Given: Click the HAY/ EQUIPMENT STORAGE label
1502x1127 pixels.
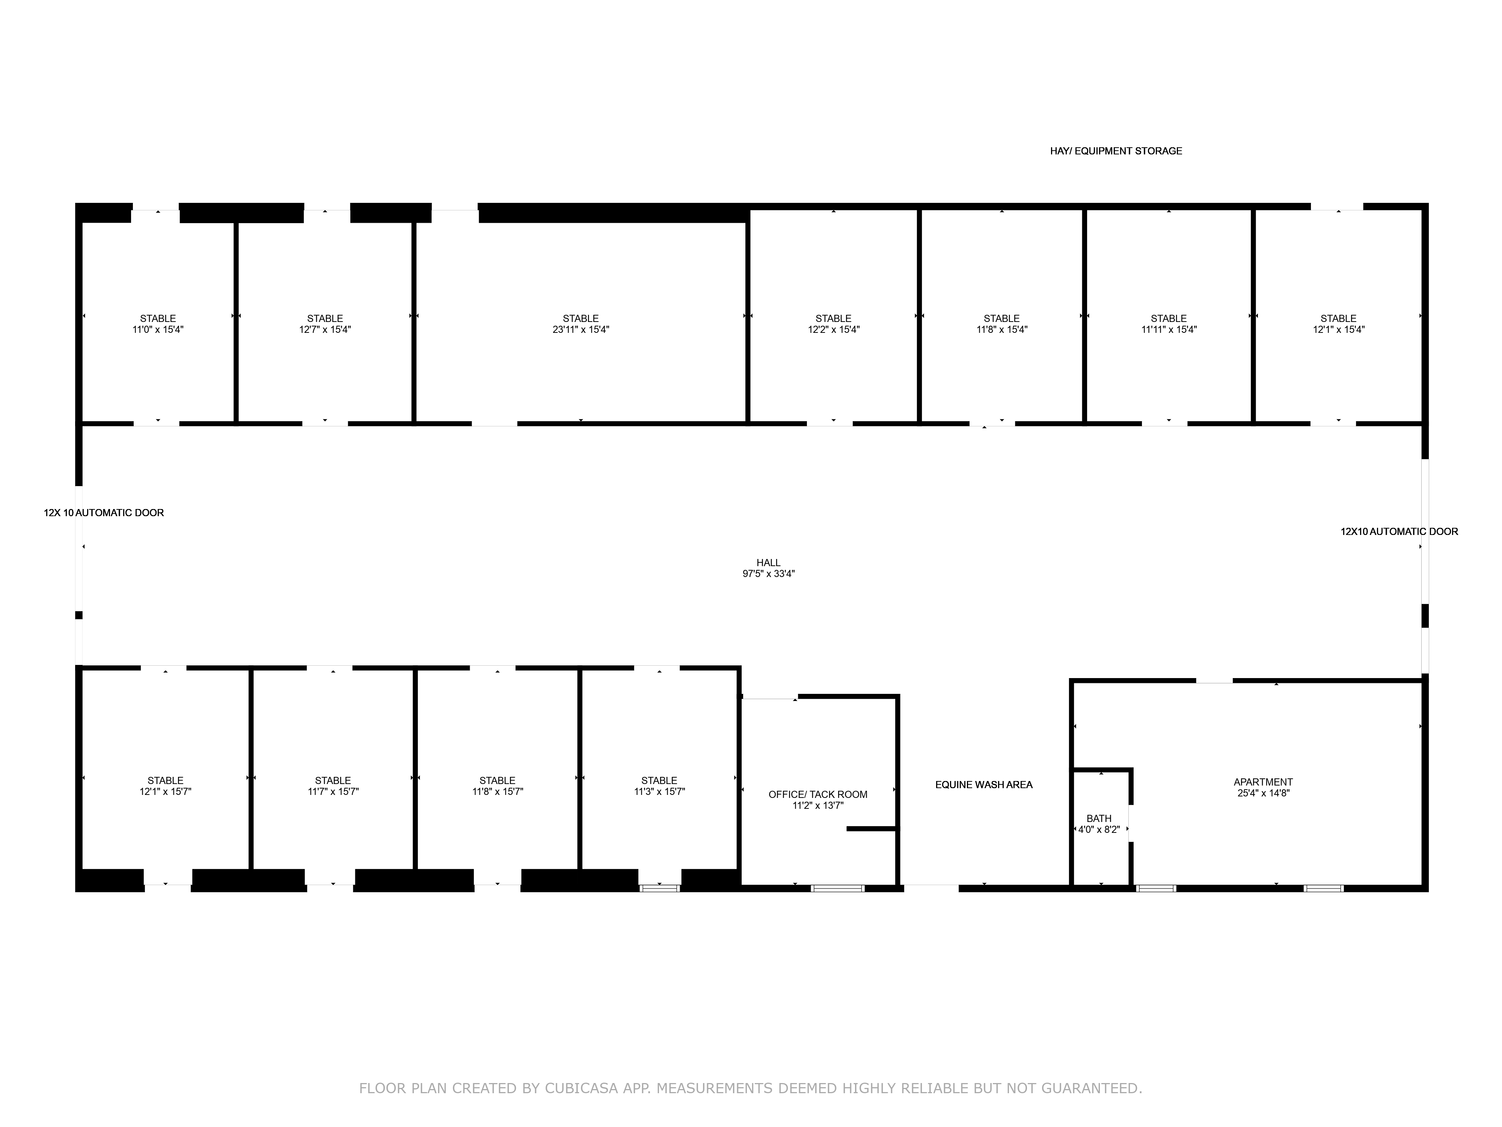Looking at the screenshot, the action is [1116, 151].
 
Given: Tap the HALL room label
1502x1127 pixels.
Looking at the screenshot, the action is [769, 562].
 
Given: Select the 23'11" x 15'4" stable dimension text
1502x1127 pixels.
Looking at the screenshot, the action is [581, 329].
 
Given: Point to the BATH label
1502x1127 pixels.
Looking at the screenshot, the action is [1099, 819].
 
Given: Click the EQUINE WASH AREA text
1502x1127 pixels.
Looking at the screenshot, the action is [984, 785].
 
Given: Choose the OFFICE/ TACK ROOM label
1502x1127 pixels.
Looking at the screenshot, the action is [817, 794].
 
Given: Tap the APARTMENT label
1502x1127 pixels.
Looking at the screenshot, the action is [1263, 782].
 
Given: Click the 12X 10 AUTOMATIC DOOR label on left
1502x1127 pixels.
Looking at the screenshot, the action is [104, 513].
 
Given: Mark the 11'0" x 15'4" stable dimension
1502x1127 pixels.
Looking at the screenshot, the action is [158, 329].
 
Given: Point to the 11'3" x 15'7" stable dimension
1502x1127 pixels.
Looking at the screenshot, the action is [659, 792].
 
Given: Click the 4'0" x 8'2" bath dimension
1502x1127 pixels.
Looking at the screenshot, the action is [1099, 829].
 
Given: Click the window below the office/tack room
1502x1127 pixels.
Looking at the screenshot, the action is [838, 888].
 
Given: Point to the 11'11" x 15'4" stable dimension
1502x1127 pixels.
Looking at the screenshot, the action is [1169, 329].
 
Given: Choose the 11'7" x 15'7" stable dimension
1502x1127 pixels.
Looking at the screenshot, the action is [333, 792].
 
